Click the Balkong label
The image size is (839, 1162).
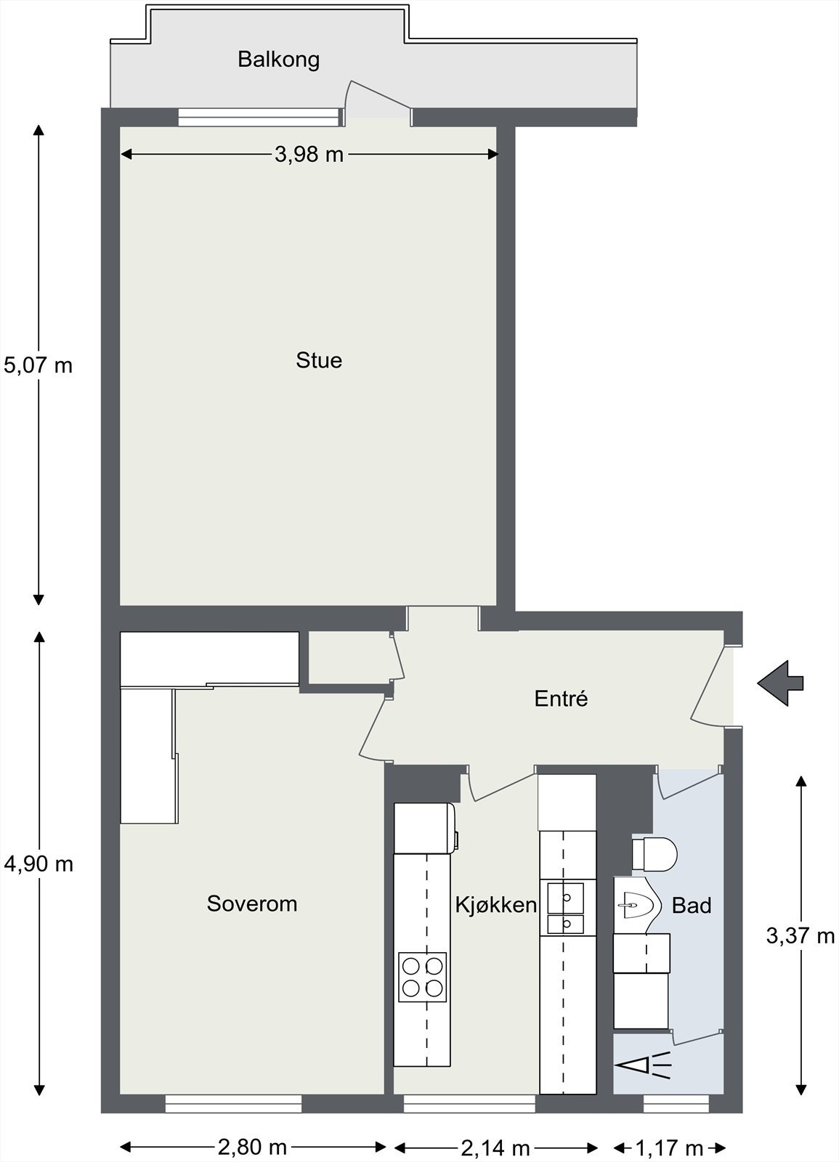[x=279, y=59]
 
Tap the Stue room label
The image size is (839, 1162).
[x=319, y=361]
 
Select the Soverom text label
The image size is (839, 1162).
[x=252, y=904]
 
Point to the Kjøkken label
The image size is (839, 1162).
[x=496, y=905]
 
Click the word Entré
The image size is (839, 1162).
[x=561, y=699]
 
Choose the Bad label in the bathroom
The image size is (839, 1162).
[x=692, y=906]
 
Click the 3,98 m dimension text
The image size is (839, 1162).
[x=309, y=154]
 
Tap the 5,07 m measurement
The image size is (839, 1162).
[x=38, y=365]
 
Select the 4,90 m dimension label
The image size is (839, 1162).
[x=38, y=864]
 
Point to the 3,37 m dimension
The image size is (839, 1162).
[x=801, y=936]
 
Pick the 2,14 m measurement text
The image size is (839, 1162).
[x=495, y=1148]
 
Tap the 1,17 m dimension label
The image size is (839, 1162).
[x=669, y=1148]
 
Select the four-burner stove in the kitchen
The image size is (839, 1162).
[x=422, y=977]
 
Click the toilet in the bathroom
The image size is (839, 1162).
[x=655, y=854]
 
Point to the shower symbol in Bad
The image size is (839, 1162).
[x=644, y=1065]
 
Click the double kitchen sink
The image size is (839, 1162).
[x=566, y=907]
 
